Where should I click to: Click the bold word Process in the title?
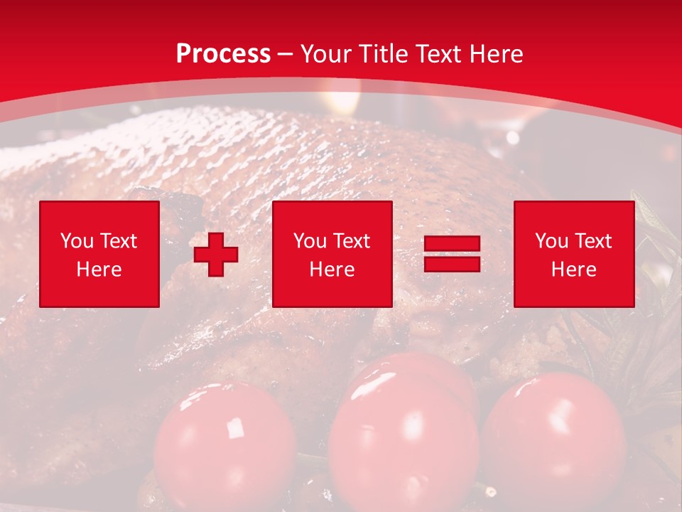[223, 54]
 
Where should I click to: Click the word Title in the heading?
[383, 54]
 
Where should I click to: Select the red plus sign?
[216, 255]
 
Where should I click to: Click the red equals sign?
[452, 254]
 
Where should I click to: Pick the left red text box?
[99, 254]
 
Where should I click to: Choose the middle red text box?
[332, 254]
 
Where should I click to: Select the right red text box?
[573, 254]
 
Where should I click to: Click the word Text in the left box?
[117, 241]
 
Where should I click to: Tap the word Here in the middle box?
[332, 270]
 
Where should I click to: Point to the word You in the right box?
[551, 241]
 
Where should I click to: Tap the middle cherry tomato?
[404, 434]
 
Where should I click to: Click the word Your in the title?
[326, 54]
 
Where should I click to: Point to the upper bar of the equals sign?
[452, 245]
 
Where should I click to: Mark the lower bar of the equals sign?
[452, 264]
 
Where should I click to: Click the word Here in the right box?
[573, 270]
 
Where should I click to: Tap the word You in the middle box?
[310, 241]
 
